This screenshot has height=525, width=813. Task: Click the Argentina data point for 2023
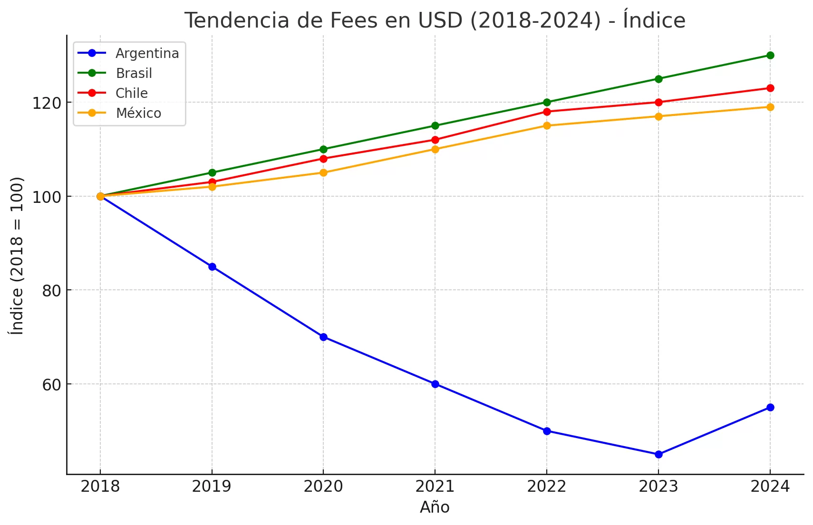coord(658,454)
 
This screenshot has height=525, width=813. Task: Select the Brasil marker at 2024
coord(770,55)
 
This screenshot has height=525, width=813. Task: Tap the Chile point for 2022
coord(547,112)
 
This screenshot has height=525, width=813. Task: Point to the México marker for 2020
coord(323,172)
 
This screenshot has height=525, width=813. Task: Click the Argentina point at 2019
coord(212,267)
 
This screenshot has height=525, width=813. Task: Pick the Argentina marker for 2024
coord(770,407)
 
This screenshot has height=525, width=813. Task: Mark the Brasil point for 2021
coord(435,125)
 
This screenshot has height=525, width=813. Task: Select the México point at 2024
coord(770,107)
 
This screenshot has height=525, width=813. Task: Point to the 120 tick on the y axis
coord(47,103)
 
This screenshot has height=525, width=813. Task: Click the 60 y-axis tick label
coord(51,384)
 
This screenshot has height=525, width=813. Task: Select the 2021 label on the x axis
coord(435,487)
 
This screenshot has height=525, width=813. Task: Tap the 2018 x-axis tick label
coord(100,487)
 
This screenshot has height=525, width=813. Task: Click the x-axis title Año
coord(435,507)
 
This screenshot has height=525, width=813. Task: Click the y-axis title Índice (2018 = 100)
coord(17,256)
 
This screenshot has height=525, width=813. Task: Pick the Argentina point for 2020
coord(323,337)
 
